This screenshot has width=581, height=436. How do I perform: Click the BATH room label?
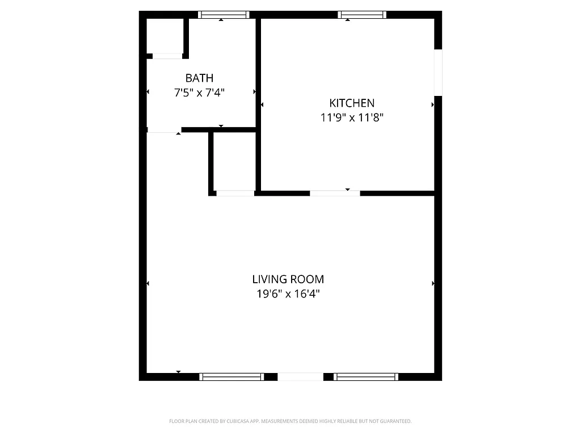tap(199, 78)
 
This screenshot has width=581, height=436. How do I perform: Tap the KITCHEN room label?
tap(352, 103)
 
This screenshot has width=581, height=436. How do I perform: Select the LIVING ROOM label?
tap(288, 279)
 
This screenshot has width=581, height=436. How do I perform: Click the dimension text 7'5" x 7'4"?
tap(199, 92)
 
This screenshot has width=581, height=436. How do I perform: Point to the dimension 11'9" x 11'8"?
tap(352, 118)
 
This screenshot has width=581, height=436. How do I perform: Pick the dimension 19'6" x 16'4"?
tap(288, 294)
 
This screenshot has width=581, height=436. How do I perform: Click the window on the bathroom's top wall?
tap(224, 15)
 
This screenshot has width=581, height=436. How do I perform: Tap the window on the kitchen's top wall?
tap(362, 15)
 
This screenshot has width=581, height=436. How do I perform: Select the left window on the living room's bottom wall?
tap(231, 376)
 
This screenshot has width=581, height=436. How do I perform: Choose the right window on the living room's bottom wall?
tap(366, 376)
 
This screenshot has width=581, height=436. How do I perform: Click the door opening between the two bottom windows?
tap(300, 376)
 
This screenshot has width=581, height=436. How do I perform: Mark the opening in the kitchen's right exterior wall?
tap(437, 72)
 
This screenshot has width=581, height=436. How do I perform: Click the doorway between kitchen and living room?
tap(335, 193)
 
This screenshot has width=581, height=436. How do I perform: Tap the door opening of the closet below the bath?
tap(235, 193)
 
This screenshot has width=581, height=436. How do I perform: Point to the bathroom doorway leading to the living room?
tap(164, 130)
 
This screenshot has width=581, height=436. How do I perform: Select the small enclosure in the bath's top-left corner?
tap(165, 36)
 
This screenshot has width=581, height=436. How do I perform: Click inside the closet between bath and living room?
tap(234, 162)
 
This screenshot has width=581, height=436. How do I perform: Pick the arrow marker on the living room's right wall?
tap(433, 283)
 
